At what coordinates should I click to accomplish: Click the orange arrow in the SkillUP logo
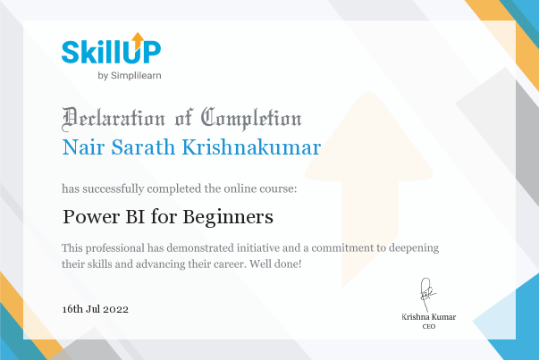pyautogui.click(x=138, y=41)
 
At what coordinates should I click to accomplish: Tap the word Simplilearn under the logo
pyautogui.click(x=136, y=75)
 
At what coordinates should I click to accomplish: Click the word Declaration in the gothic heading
pyautogui.click(x=114, y=119)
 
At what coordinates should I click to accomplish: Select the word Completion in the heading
pyautogui.click(x=251, y=119)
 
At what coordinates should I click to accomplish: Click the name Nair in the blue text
pyautogui.click(x=83, y=147)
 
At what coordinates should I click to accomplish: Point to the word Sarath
pyautogui.click(x=143, y=147)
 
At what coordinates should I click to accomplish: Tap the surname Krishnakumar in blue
pyautogui.click(x=251, y=147)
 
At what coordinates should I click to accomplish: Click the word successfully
pyautogui.click(x=114, y=188)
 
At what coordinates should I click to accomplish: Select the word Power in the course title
pyautogui.click(x=91, y=217)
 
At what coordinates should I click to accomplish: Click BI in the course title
pyautogui.click(x=135, y=217)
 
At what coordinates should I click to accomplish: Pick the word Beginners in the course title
pyautogui.click(x=228, y=217)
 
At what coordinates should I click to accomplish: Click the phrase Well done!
pyautogui.click(x=275, y=264)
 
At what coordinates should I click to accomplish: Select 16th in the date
pyautogui.click(x=72, y=309)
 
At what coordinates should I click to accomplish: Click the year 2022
pyautogui.click(x=116, y=309)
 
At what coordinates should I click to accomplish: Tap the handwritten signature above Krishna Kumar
pyautogui.click(x=427, y=294)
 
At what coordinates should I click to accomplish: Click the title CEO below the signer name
pyautogui.click(x=429, y=326)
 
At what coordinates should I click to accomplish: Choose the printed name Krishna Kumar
pyautogui.click(x=429, y=317)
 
